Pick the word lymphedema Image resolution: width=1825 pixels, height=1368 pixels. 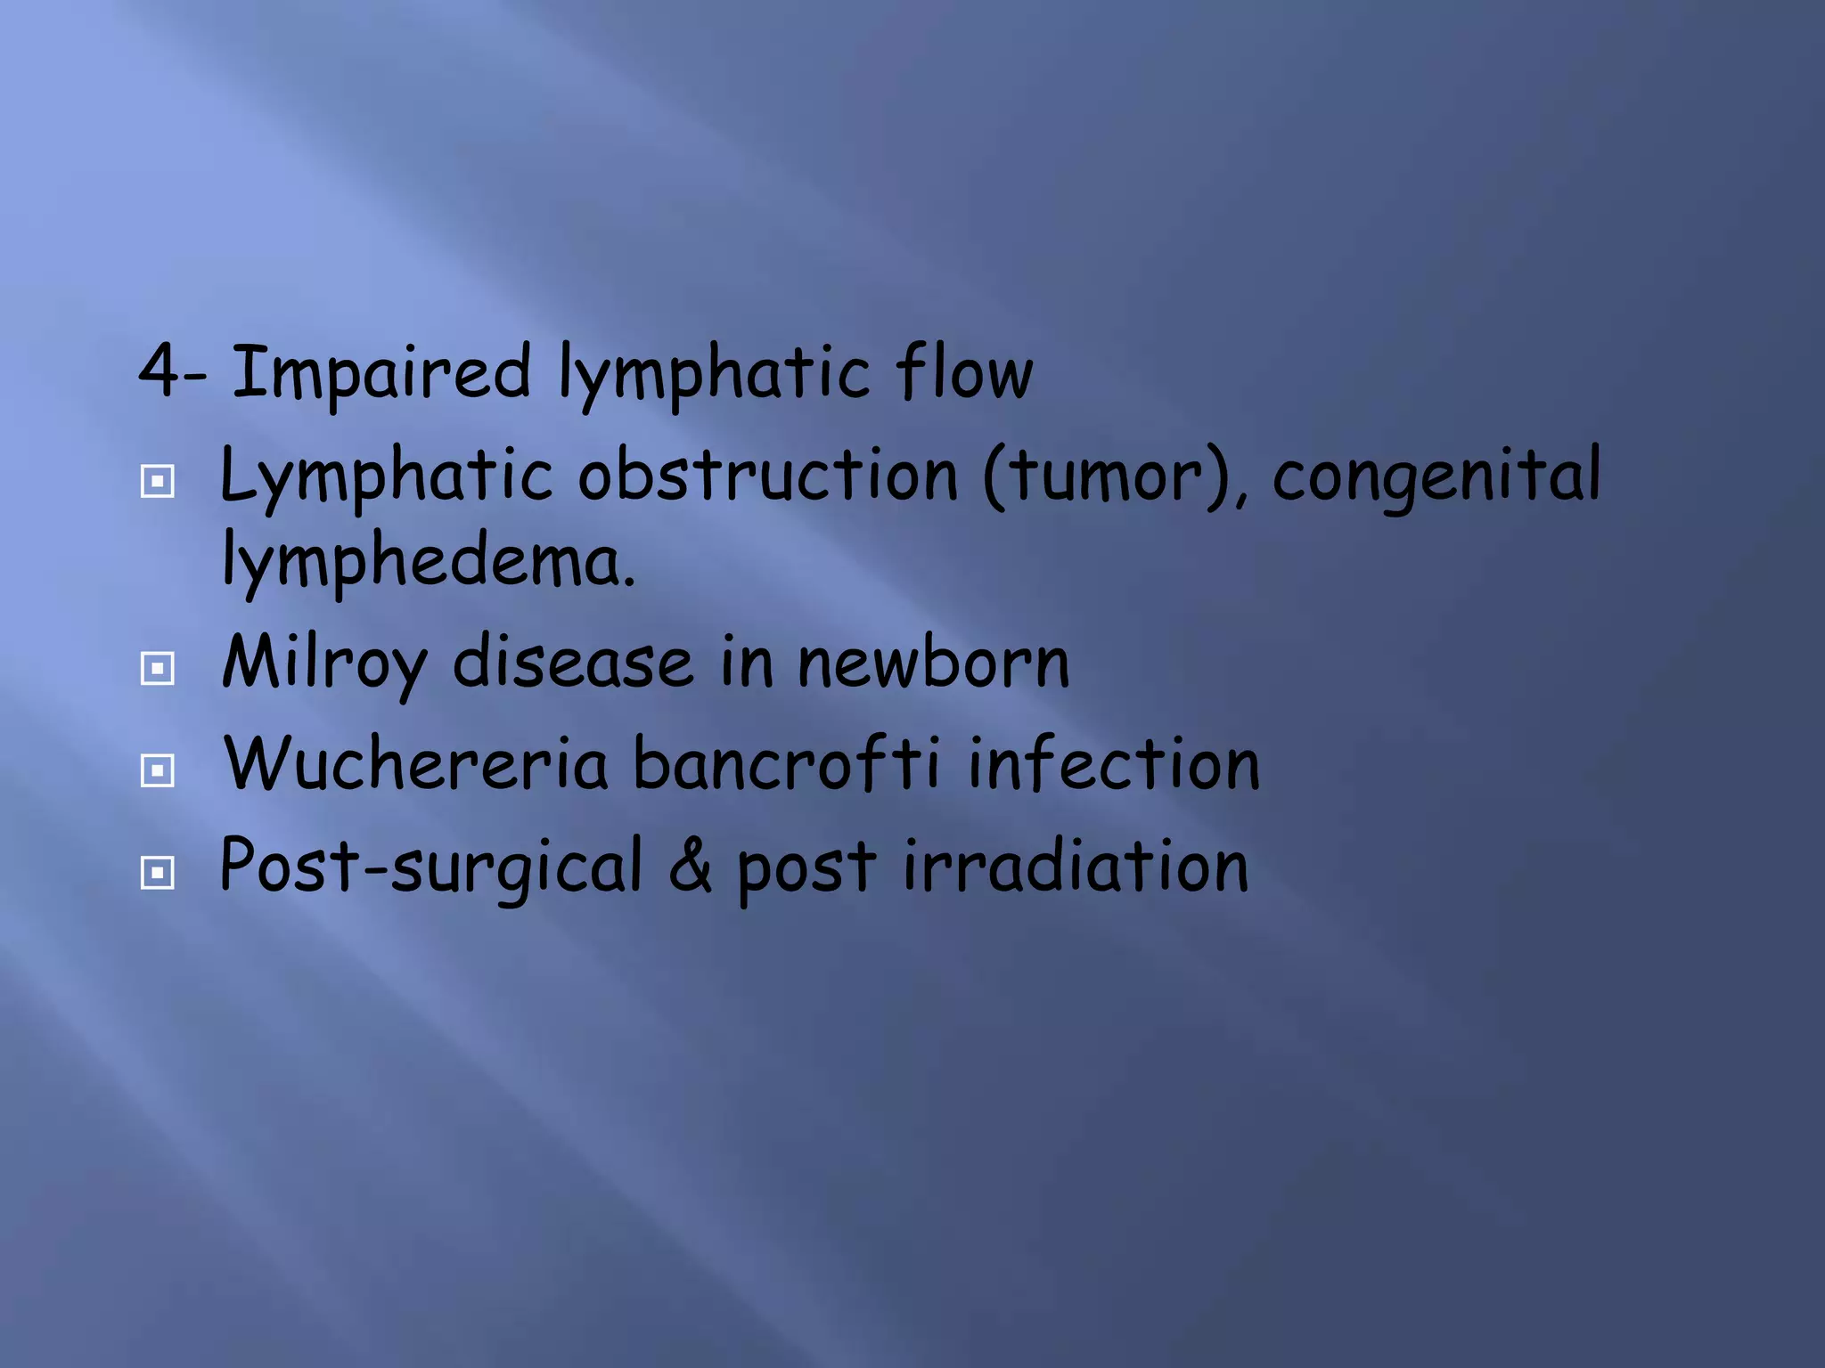[x=429, y=562]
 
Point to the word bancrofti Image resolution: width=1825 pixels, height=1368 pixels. [x=786, y=764]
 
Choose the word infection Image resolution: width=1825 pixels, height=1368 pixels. [x=1114, y=764]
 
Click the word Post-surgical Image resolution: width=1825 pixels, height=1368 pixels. [x=430, y=867]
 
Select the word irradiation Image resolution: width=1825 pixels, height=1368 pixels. [x=1075, y=865]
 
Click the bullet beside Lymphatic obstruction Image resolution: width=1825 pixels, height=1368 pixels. [x=158, y=482]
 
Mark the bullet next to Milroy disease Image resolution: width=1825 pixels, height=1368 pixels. [x=158, y=668]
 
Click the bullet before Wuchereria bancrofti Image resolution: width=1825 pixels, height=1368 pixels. [x=158, y=770]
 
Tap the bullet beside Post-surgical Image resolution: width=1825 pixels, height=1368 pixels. [x=158, y=873]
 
